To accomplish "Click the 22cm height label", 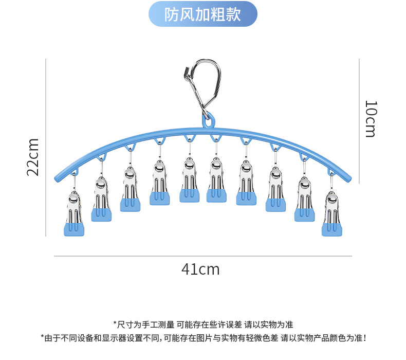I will coord(33,157).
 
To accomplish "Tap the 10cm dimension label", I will coord(370,119).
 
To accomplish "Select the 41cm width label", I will coord(200,269).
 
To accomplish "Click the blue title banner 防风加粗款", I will coord(202,14).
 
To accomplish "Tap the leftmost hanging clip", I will coord(73,213).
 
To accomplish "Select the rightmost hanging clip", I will coord(332,214).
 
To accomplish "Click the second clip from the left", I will coord(102,200).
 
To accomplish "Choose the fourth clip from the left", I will coord(160,183).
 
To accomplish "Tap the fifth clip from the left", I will coord(189,180).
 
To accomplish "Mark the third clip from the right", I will coord(275,189).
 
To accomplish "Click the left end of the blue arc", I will coord(58,177).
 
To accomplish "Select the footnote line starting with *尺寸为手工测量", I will coord(203,325).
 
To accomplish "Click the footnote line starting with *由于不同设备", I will coord(203,338).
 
